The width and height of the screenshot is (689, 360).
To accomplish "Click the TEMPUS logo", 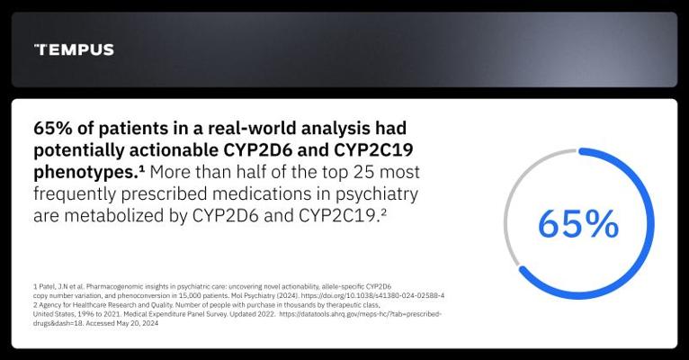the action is click(74, 49).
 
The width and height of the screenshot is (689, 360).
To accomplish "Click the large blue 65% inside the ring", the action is click(578, 224).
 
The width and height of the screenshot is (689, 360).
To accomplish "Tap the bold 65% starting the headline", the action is click(52, 129).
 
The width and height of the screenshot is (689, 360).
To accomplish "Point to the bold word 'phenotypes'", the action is click(86, 173).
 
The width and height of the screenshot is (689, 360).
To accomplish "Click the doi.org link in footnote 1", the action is click(372, 295).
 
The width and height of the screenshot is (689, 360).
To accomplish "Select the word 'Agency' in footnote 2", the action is click(49, 304).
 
